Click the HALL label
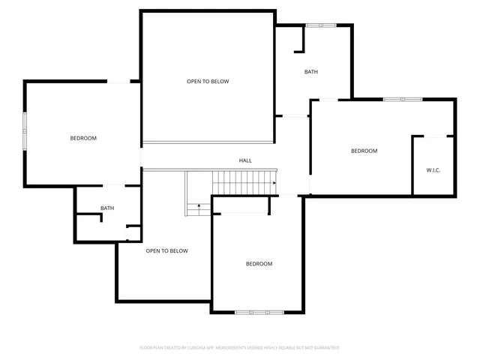245,160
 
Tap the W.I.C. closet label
433,170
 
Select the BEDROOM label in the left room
83,138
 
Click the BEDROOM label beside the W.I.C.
364,151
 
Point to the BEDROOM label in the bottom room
259,264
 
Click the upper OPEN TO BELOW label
208,81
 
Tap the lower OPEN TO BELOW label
166,250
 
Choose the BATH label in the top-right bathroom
310,72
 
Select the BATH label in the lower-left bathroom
107,208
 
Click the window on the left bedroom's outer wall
25,131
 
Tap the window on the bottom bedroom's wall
259,312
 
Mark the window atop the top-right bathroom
322,25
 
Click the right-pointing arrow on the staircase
274,182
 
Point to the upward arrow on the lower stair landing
198,204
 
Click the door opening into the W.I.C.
433,136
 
